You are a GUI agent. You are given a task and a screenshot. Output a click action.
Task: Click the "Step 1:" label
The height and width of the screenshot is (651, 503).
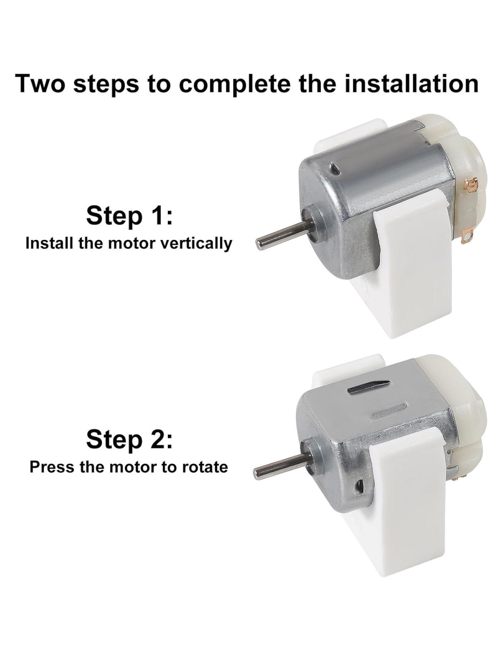[129, 216]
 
